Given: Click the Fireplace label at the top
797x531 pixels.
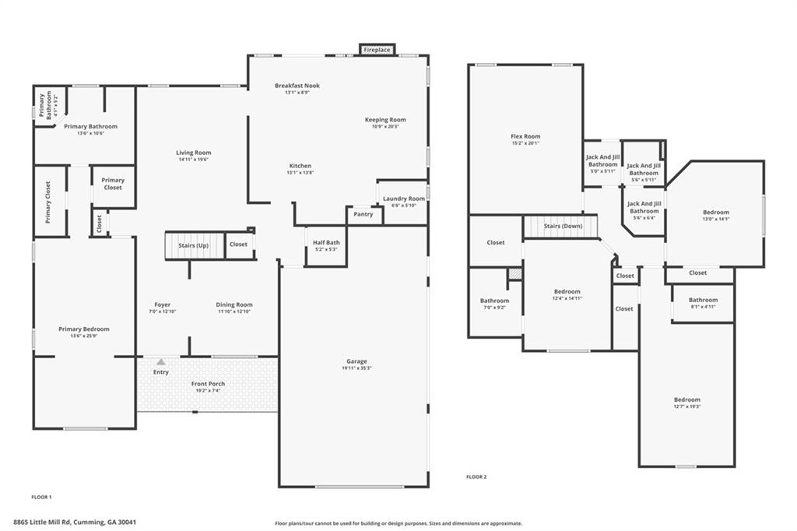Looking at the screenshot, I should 378,50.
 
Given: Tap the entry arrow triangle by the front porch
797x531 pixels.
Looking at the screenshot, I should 161,362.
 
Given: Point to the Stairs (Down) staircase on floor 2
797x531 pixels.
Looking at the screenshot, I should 563,227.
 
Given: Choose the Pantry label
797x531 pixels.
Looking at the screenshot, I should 363,214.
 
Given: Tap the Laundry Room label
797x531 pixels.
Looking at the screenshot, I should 404,199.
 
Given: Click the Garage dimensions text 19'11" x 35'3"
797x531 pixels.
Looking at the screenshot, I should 357,368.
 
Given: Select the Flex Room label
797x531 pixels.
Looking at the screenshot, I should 525,136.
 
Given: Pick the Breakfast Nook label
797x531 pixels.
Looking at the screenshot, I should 297,86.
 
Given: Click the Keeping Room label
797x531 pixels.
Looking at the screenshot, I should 385,120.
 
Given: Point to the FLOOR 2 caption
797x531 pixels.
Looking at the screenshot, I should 476,476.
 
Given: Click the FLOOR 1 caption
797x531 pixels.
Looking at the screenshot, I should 41,497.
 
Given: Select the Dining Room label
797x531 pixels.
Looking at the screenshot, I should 234,304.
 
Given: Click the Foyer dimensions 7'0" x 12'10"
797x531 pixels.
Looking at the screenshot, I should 162,311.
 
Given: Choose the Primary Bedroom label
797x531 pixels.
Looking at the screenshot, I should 84,329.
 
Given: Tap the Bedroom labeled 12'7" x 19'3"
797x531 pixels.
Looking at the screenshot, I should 687,399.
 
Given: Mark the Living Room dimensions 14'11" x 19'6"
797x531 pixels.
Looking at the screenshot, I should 193,160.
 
